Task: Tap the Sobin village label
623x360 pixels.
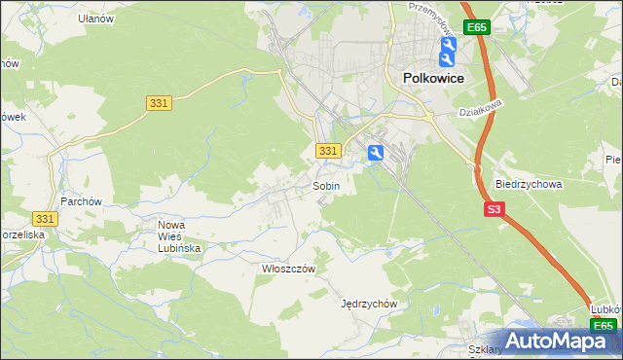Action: coord(326,185)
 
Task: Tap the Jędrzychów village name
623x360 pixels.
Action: coord(369,303)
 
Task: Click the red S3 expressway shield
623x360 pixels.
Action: coord(495,209)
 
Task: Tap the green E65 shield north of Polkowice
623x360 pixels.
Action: coord(476,27)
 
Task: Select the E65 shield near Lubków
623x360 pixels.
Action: coord(604,326)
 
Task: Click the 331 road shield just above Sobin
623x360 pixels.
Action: coord(328,151)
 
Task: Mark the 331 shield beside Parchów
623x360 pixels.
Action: coord(45,220)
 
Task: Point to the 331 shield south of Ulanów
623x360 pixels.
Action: coord(161,102)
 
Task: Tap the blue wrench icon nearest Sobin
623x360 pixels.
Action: coord(376,152)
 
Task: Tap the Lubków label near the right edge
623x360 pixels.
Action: coord(605,309)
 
